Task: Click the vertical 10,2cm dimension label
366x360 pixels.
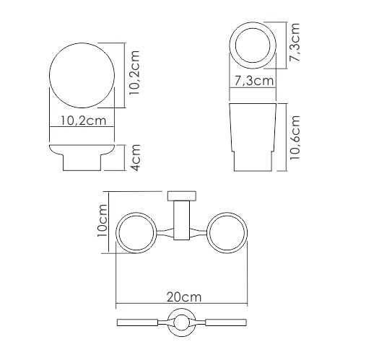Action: [134, 73]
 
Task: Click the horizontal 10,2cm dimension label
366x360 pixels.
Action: [83, 120]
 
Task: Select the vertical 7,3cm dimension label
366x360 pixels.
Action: [295, 43]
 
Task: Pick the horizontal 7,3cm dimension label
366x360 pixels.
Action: [254, 81]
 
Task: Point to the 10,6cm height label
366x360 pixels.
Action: [295, 137]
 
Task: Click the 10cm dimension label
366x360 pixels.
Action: [102, 221]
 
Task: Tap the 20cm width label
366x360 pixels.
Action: [184, 297]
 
